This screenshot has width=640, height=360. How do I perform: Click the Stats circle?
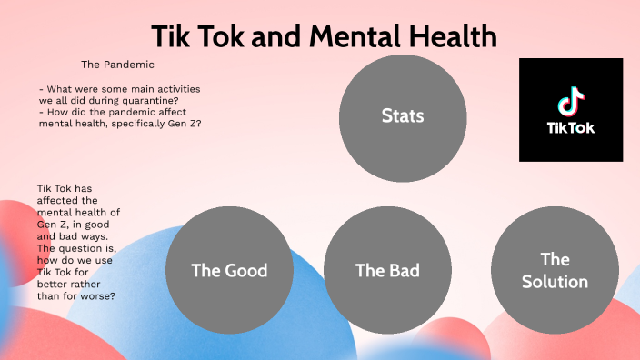[403, 116]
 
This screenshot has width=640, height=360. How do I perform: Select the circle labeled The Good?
[229, 270]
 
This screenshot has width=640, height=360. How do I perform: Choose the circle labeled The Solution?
[555, 270]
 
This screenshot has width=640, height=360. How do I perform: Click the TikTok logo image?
[571, 109]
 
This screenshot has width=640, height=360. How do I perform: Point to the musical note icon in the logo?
[571, 101]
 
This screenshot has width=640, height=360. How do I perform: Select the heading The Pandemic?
[117, 65]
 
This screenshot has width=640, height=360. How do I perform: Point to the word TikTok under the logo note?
[571, 128]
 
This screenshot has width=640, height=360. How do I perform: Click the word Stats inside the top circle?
[403, 116]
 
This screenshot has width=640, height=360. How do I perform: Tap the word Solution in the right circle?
[555, 281]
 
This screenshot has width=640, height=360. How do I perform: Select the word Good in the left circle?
[246, 270]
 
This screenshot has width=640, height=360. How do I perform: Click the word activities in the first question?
[175, 88]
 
